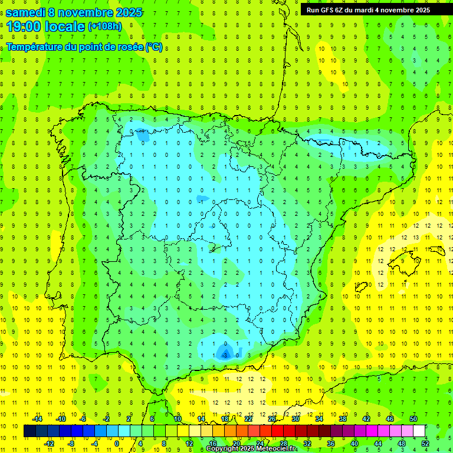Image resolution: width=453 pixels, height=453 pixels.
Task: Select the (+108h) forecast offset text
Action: coord(104,27)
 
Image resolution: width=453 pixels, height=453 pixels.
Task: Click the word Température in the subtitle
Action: coord(35,47)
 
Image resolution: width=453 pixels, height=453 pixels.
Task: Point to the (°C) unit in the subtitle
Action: coord(154,47)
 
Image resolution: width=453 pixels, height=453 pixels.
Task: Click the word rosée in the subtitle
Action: coord(129,47)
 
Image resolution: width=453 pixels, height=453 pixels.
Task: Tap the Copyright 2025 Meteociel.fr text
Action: coord(251,449)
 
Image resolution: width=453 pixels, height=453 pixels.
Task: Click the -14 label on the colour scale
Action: coord(37,419)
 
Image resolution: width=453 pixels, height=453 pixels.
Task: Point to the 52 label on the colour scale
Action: coord(425,444)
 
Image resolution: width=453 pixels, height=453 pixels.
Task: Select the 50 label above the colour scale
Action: coord(413,419)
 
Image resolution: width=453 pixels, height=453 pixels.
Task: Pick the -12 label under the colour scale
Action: coord(49,444)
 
